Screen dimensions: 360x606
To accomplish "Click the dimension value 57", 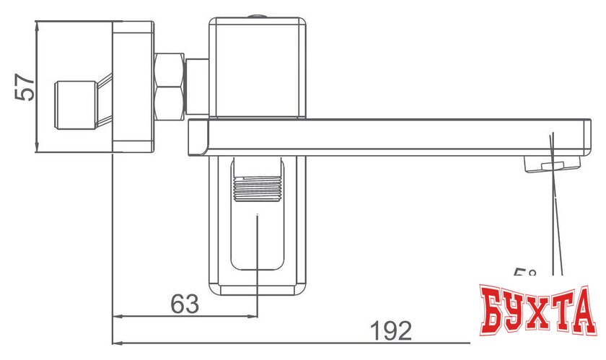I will tap(23, 87).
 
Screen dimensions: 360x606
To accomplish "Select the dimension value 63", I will tap(185, 304).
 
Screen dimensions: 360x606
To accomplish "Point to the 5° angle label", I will tap(525, 276).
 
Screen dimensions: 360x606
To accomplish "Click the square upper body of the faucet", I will tap(257, 66).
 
